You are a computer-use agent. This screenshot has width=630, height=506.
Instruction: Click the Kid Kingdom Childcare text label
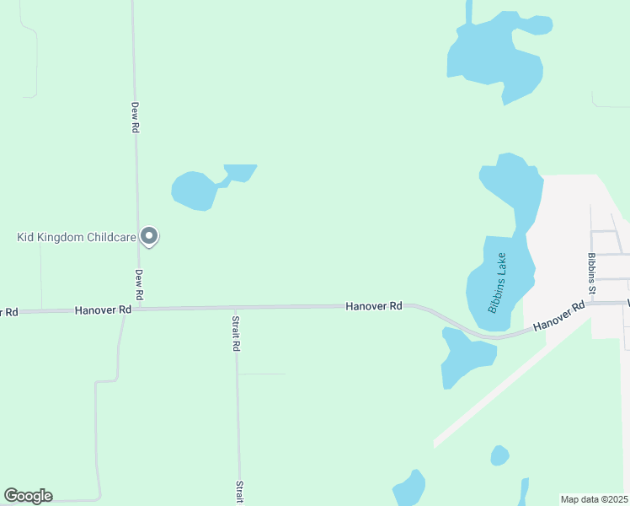pos(77,237)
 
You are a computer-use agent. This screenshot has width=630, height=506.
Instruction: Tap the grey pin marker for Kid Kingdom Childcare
pos(149,236)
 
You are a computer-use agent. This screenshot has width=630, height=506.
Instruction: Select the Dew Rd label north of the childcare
pos(134,117)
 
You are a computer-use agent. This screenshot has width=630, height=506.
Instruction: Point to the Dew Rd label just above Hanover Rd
pos(140,285)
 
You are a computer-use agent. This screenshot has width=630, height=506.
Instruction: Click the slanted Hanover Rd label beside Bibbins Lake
pos(559,316)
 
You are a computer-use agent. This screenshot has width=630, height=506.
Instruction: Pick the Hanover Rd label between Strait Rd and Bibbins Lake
pos(373,306)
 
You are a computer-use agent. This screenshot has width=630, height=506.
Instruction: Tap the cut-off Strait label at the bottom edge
pos(240,492)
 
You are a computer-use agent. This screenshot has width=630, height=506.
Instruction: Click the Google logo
pos(28,496)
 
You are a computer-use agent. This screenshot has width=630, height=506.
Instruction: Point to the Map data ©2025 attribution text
pos(594,499)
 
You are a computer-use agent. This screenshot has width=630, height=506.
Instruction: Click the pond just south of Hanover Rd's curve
pos(464,358)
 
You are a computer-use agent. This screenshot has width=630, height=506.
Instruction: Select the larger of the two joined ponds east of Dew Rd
pos(195,191)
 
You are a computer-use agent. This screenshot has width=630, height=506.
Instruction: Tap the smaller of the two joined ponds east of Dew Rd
pos(240,172)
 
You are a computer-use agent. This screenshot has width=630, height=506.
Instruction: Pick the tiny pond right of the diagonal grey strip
pos(499,456)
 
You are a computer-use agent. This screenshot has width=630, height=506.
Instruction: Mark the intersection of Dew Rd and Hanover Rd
pos(137,309)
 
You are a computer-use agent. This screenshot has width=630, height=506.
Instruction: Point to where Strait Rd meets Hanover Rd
pos(235,308)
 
